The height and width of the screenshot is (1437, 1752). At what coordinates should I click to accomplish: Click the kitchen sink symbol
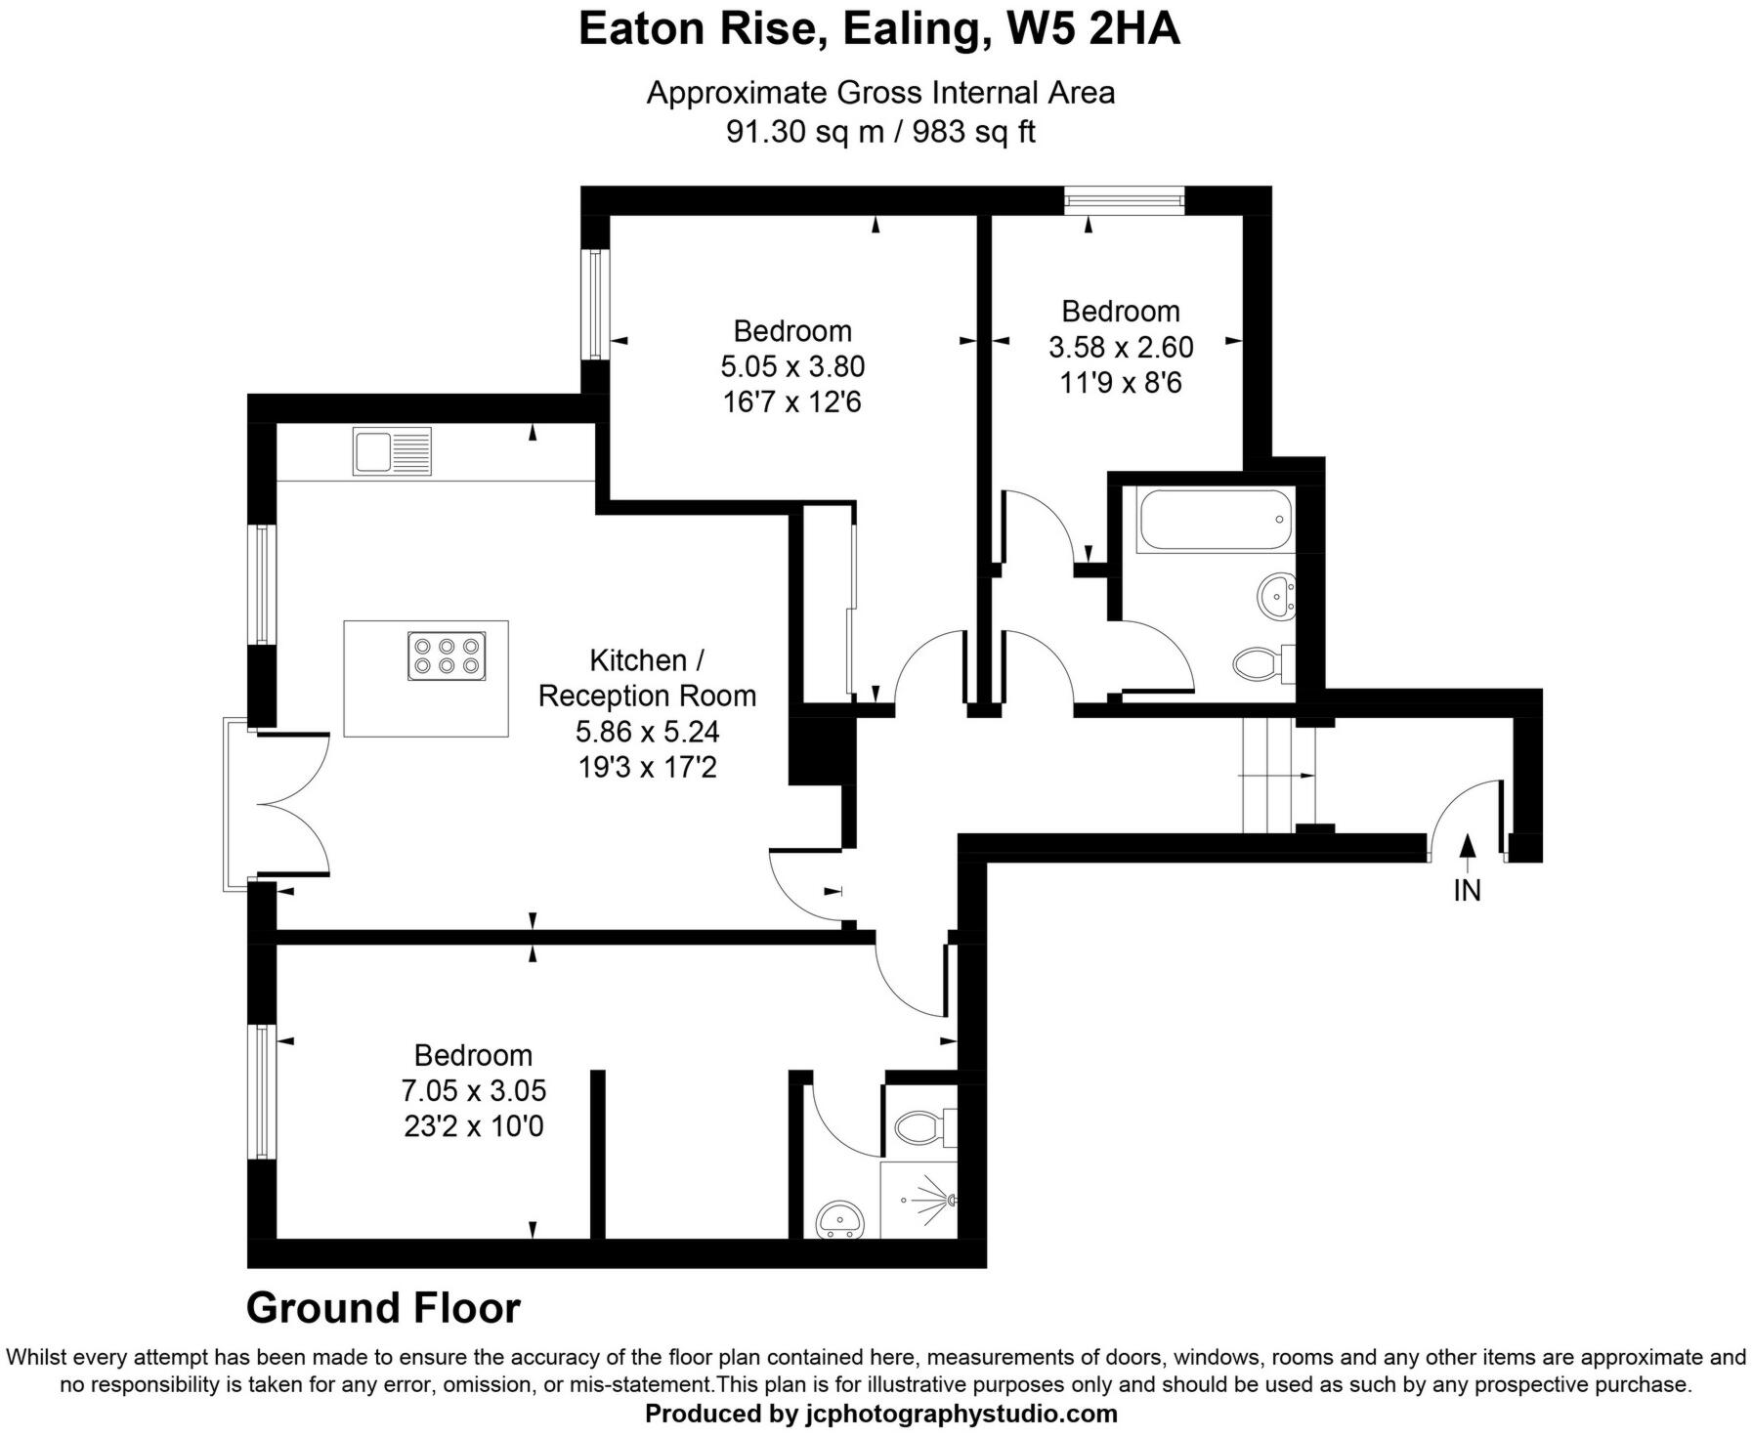(392, 452)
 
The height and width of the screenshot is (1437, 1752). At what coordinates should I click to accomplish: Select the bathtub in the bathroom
(1215, 520)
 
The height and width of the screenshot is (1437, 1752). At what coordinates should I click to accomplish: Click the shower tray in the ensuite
(919, 1200)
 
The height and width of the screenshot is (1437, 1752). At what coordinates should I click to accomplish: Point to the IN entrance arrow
(1467, 850)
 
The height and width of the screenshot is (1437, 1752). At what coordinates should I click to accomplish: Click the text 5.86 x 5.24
(647, 732)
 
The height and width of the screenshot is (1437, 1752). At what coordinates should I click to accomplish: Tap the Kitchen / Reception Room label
(647, 678)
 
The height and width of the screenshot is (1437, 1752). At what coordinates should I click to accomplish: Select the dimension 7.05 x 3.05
(473, 1090)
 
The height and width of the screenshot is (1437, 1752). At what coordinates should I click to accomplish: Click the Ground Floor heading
(383, 1308)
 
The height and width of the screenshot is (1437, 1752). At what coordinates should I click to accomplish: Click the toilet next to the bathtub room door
(1261, 665)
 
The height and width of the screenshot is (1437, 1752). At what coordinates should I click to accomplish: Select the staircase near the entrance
(1278, 776)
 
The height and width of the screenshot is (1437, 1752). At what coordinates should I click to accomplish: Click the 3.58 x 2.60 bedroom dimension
(1121, 347)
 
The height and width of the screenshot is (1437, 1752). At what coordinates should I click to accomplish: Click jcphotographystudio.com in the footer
(961, 1414)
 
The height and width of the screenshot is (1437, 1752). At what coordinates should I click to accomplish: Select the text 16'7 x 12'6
(791, 402)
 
